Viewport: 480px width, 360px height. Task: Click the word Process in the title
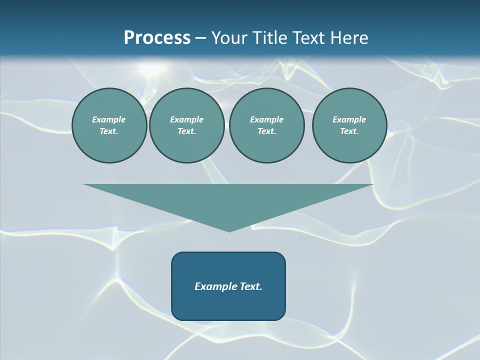coord(157,38)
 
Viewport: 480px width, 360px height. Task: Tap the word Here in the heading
coord(349,38)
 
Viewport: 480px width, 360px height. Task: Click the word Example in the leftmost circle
coord(109,119)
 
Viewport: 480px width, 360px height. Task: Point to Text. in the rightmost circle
coord(349,131)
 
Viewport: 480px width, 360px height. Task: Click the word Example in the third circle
coord(266,119)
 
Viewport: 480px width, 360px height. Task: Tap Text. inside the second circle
coord(186,131)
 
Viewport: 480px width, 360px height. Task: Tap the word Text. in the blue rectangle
coord(251,286)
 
